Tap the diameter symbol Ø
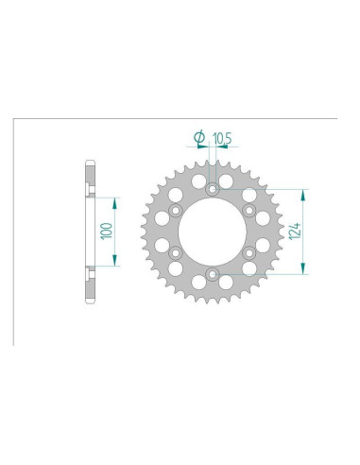pyautogui.click(x=199, y=138)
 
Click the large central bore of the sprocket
pyautogui.click(x=213, y=232)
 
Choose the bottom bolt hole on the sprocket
pyautogui.click(x=213, y=276)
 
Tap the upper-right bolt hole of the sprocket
pyautogui.click(x=249, y=210)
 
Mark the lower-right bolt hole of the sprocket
pyautogui.click(x=249, y=253)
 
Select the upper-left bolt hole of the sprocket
pyautogui.click(x=176, y=210)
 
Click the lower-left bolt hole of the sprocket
pyautogui.click(x=176, y=253)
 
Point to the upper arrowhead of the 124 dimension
pyautogui.click(x=304, y=193)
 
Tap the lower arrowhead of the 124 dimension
pyautogui.click(x=304, y=271)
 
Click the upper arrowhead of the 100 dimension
pyautogui.click(x=116, y=201)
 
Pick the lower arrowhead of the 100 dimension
pyautogui.click(x=116, y=263)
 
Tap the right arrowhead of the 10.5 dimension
pyautogui.click(x=220, y=147)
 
